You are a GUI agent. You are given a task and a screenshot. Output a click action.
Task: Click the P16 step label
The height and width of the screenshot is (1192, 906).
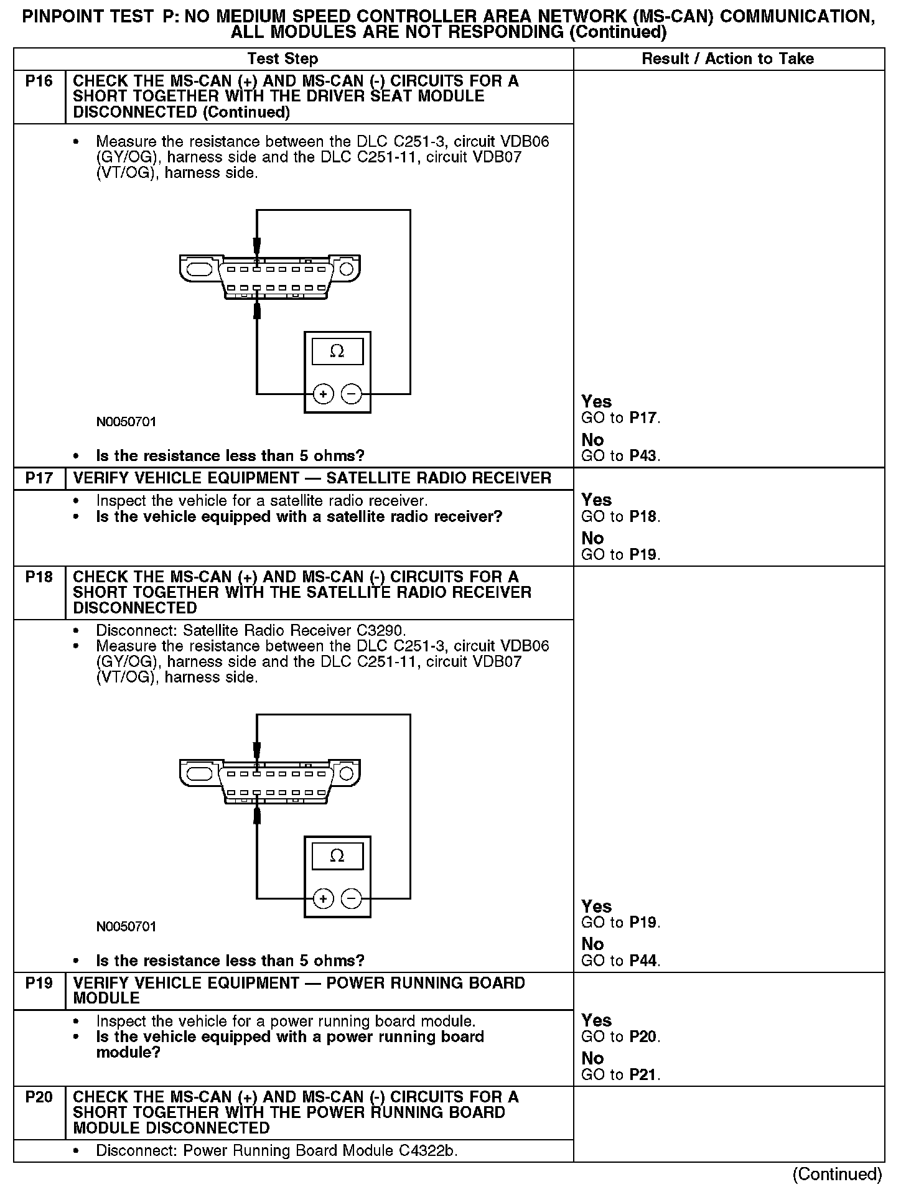pyautogui.click(x=39, y=81)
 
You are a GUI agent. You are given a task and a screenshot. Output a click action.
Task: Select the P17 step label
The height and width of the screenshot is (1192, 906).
pyautogui.click(x=39, y=478)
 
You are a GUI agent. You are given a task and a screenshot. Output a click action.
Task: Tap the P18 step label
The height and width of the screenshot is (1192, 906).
pyautogui.click(x=39, y=577)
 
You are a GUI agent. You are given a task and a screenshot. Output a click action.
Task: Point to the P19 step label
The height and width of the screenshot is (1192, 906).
pyautogui.click(x=39, y=983)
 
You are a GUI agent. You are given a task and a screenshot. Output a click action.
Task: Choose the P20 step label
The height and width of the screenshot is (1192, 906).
pyautogui.click(x=39, y=1097)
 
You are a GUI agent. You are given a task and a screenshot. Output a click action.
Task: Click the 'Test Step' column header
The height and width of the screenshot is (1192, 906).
pyautogui.click(x=283, y=59)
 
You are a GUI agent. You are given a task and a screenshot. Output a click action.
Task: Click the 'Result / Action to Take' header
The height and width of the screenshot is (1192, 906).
pyautogui.click(x=727, y=59)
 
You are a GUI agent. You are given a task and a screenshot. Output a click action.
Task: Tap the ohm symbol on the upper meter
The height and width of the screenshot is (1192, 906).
pyautogui.click(x=337, y=352)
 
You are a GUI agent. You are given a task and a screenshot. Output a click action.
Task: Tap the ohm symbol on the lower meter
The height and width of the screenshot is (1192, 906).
pyautogui.click(x=337, y=856)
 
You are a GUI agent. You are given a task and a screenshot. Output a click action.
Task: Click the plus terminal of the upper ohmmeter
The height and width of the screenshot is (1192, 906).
pyautogui.click(x=323, y=394)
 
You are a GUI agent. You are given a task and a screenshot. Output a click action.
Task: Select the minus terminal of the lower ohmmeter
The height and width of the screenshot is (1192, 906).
pyautogui.click(x=352, y=898)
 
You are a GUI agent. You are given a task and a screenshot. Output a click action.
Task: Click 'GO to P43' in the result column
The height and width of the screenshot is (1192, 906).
pyautogui.click(x=620, y=456)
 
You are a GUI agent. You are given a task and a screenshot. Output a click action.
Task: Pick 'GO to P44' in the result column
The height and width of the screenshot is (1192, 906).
pyautogui.click(x=620, y=961)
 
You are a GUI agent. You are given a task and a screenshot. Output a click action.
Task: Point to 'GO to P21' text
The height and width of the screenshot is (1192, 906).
pyautogui.click(x=620, y=1074)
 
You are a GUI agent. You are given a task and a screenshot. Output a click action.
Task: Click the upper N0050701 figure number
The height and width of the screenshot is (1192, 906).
pyautogui.click(x=126, y=422)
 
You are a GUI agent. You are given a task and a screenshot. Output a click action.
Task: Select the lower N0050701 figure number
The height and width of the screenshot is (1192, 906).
pyautogui.click(x=126, y=926)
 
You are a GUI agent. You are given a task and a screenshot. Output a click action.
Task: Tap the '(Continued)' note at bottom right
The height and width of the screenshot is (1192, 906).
pyautogui.click(x=837, y=1174)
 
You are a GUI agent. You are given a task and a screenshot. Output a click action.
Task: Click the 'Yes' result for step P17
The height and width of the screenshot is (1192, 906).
pyautogui.click(x=597, y=500)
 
